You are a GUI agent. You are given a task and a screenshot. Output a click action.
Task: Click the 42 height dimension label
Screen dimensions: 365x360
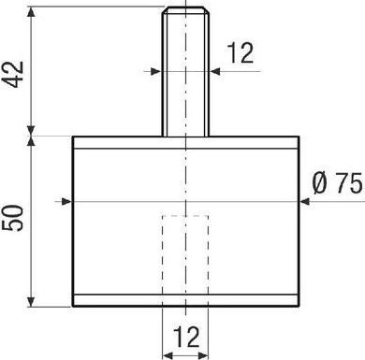[x=13, y=75]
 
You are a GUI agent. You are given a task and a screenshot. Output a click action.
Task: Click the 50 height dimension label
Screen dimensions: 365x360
[x=13, y=218]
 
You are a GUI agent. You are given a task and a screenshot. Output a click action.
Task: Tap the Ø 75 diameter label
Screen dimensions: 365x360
[x=338, y=183]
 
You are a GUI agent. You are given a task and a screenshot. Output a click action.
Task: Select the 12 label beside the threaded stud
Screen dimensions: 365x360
[x=241, y=53]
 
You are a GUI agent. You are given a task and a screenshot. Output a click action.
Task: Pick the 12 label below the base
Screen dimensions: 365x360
[x=186, y=337]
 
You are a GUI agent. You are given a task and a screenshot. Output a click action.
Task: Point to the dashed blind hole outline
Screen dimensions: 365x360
[x=185, y=255]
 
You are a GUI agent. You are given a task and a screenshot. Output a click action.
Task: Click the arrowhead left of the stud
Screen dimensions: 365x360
[x=155, y=71]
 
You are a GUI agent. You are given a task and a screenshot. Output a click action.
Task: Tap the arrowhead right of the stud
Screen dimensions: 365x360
[x=215, y=71]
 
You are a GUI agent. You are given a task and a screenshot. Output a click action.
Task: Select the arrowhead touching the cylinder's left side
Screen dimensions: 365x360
[x=66, y=202]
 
